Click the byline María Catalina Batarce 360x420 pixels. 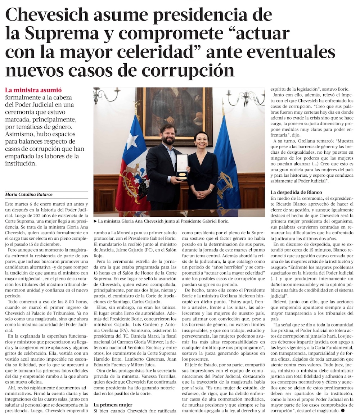29,195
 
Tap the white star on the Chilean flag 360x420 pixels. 132,141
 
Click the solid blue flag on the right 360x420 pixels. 227,169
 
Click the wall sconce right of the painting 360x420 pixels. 245,96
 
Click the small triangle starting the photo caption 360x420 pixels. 95,221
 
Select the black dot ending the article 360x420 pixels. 343,410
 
